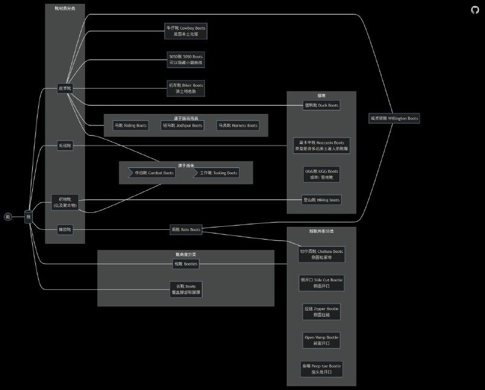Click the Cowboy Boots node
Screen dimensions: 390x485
click(x=186, y=31)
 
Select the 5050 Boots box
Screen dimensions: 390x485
click(x=186, y=59)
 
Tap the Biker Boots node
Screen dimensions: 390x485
click(x=186, y=88)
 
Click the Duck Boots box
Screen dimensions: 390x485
click(x=321, y=105)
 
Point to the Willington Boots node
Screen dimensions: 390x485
click(x=393, y=118)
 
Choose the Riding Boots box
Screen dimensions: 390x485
click(x=131, y=126)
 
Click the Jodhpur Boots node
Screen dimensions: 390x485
click(x=182, y=126)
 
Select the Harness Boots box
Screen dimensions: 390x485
click(x=238, y=126)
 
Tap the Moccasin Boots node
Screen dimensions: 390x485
click(x=321, y=146)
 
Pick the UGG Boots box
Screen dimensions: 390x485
click(x=321, y=175)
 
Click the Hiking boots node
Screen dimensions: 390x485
click(x=321, y=200)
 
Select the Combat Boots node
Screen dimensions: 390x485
click(x=152, y=173)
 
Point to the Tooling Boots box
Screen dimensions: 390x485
click(x=216, y=173)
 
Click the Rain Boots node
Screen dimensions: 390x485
click(x=186, y=229)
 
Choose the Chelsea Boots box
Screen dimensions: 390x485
click(x=321, y=254)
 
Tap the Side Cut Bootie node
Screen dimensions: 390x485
click(x=321, y=283)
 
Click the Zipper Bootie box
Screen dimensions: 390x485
click(x=321, y=312)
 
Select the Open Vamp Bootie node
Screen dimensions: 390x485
click(x=321, y=340)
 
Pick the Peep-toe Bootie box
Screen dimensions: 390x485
click(x=321, y=369)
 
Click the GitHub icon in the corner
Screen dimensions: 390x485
click(x=474, y=10)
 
